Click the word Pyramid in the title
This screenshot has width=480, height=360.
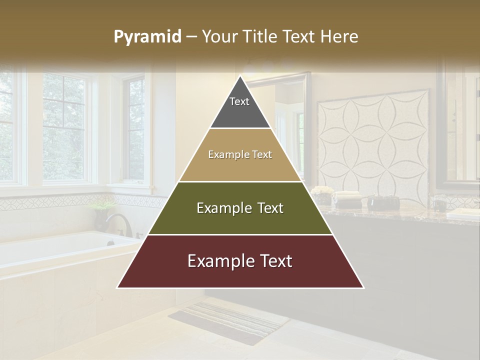click(147, 37)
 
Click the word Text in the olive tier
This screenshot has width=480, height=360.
click(268, 208)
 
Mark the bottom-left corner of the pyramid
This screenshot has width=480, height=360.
click(117, 287)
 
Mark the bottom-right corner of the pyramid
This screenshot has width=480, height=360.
click(363, 287)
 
